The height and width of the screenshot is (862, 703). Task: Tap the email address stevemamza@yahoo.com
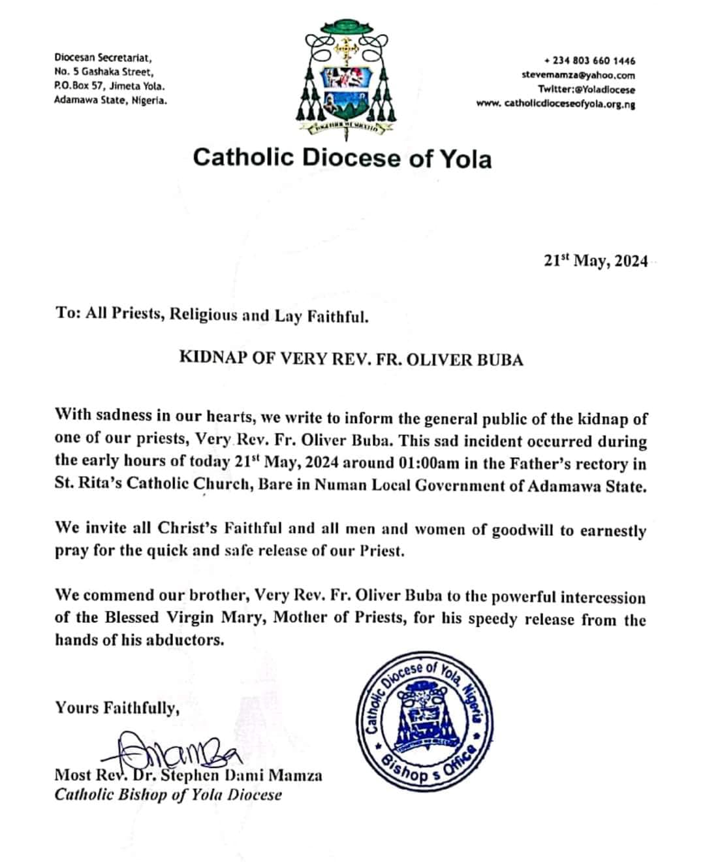[x=578, y=75]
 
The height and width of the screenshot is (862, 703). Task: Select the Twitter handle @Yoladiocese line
[x=586, y=89]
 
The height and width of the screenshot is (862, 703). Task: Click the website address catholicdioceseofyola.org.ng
[x=555, y=103]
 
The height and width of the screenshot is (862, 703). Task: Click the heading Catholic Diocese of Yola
[x=342, y=159]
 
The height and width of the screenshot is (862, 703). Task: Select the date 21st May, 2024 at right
[x=595, y=261]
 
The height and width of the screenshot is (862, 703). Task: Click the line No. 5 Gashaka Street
[x=103, y=72]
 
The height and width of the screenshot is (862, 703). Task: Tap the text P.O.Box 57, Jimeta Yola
[x=109, y=86]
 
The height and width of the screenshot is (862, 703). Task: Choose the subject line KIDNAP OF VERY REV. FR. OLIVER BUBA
[x=351, y=360]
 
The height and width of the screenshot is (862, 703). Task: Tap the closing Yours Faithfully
[x=117, y=708]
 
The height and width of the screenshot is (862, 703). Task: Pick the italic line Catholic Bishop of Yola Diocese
[x=168, y=795]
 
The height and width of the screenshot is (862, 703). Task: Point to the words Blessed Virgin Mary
[x=195, y=618]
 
